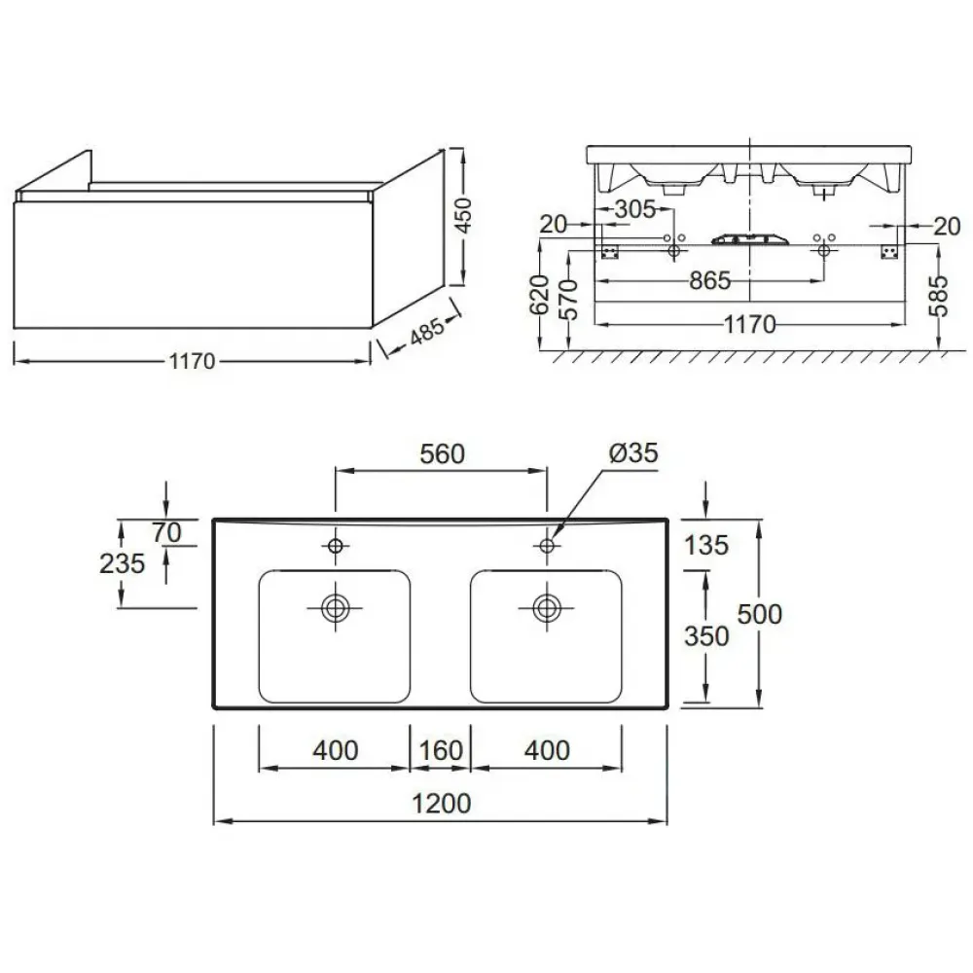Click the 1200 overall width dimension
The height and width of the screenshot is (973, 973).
point(441,804)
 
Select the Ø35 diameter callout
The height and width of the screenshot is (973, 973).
point(633,453)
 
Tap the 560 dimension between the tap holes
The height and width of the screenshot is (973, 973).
point(442,454)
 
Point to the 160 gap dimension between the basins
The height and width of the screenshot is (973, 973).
point(441,750)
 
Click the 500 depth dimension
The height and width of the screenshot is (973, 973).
point(760,614)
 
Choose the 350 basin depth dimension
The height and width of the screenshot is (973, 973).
point(706,636)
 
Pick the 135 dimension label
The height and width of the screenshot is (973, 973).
point(705,546)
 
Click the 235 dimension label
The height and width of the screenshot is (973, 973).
point(123,563)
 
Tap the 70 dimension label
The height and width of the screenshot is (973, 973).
point(166,532)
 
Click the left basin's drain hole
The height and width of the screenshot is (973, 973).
point(335,607)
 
